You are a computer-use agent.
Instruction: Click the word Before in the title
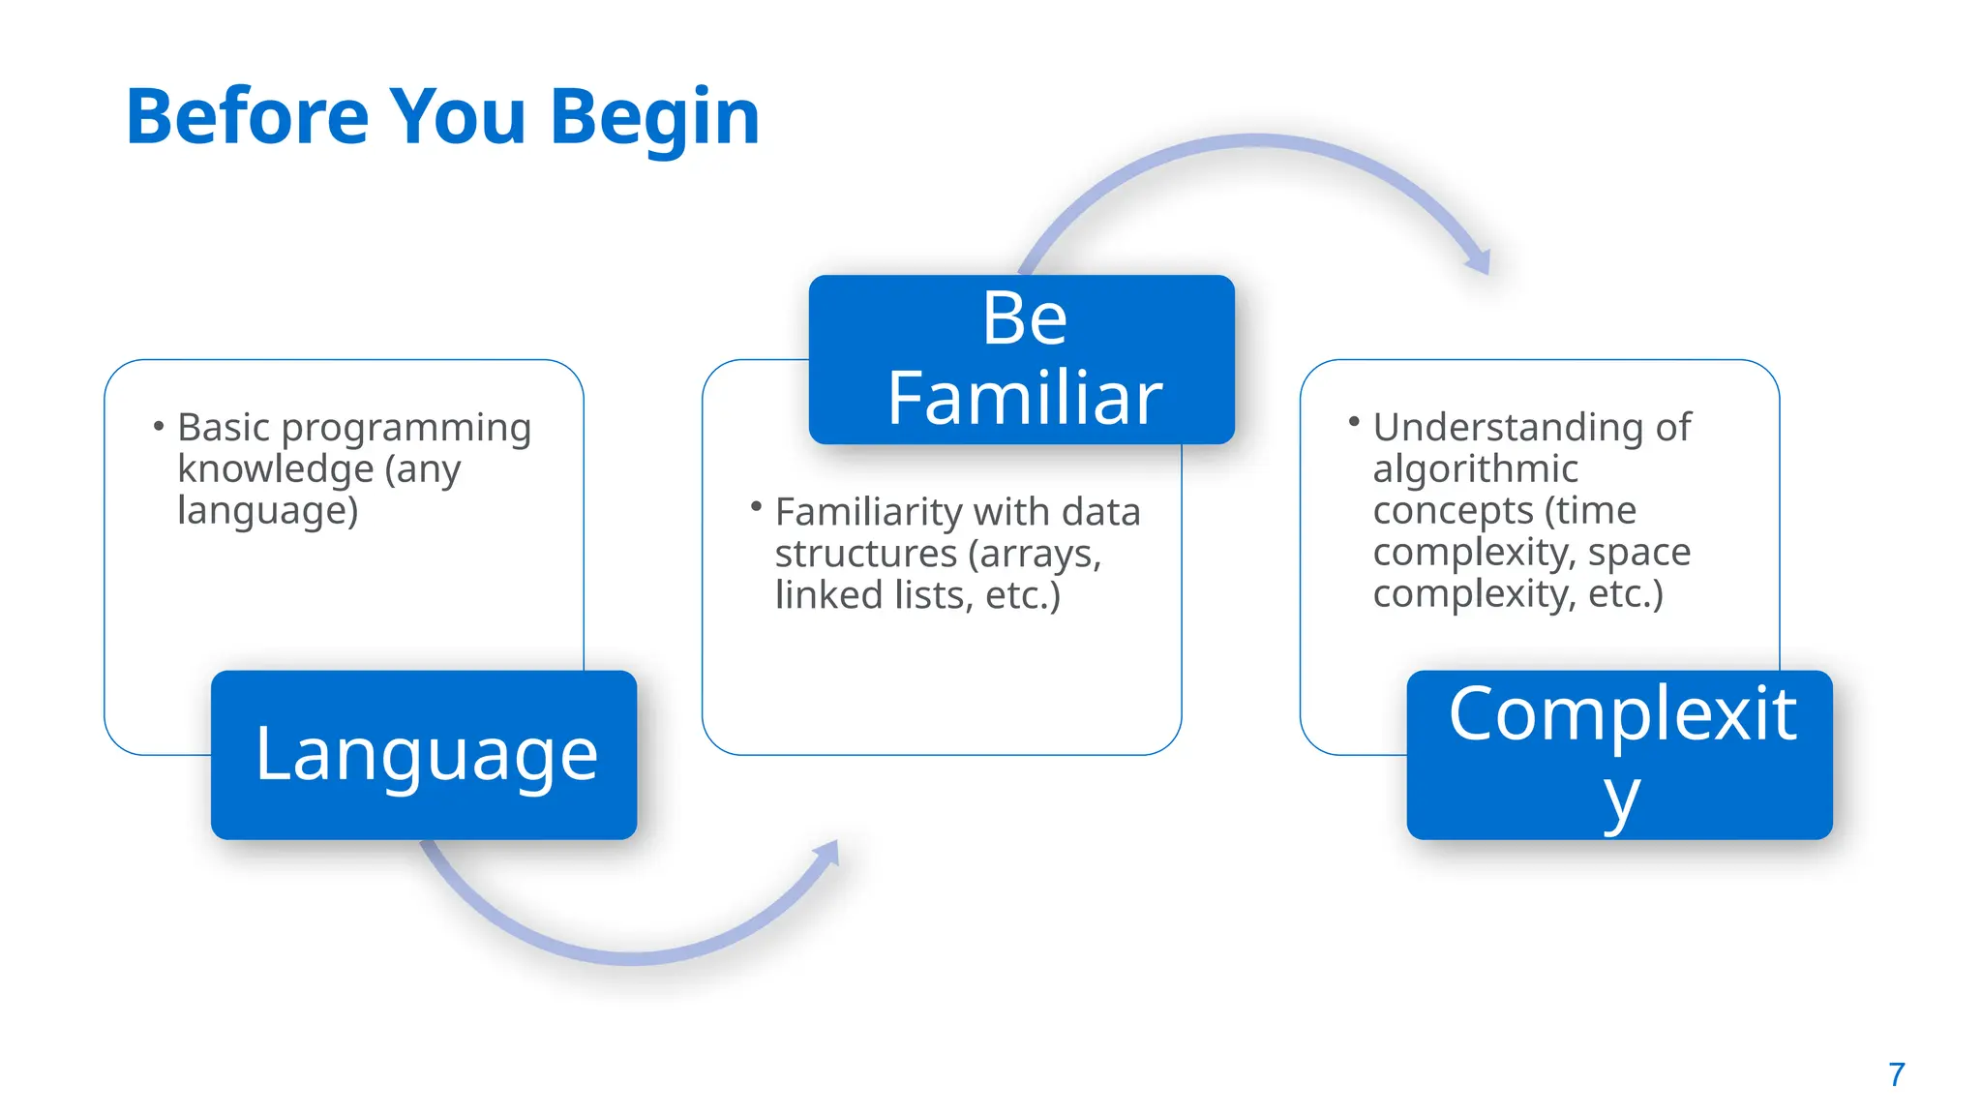pyautogui.click(x=248, y=117)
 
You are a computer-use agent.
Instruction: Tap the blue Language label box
pyautogui.click(x=424, y=755)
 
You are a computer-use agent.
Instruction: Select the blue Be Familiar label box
pyautogui.click(x=1022, y=359)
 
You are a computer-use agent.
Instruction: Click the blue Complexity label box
pyautogui.click(x=1619, y=755)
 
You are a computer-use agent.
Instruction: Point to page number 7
pyautogui.click(x=1896, y=1074)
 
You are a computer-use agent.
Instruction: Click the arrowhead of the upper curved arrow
pyautogui.click(x=1480, y=261)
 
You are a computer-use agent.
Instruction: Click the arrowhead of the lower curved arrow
pyautogui.click(x=827, y=854)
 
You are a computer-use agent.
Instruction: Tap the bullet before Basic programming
pyautogui.click(x=159, y=426)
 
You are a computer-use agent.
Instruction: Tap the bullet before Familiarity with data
pyautogui.click(x=756, y=506)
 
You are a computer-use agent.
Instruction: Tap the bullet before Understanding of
pyautogui.click(x=1354, y=421)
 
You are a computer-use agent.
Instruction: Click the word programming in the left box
pyautogui.click(x=406, y=429)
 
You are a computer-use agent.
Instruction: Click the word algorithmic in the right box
pyautogui.click(x=1475, y=469)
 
